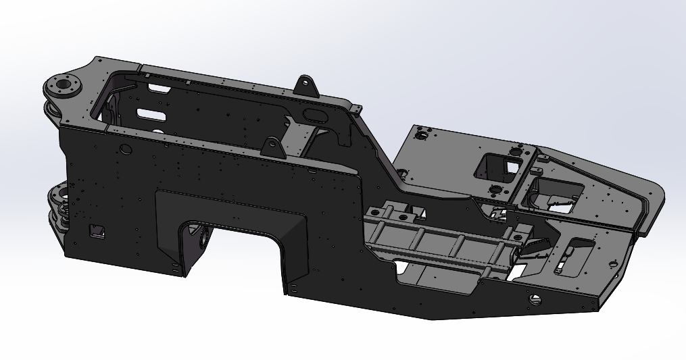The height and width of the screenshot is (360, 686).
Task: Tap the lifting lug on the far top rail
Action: pyautogui.click(x=306, y=86)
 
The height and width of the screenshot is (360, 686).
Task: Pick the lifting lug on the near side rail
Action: pyautogui.click(x=273, y=147)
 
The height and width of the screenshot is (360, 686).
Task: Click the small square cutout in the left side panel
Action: pyautogui.click(x=97, y=230)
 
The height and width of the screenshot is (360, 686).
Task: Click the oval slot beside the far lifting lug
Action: pyautogui.click(x=315, y=113)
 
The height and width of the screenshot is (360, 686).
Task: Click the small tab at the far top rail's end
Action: pyautogui.click(x=356, y=109)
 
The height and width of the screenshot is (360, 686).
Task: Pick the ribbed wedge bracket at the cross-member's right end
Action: pyautogui.click(x=534, y=247)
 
